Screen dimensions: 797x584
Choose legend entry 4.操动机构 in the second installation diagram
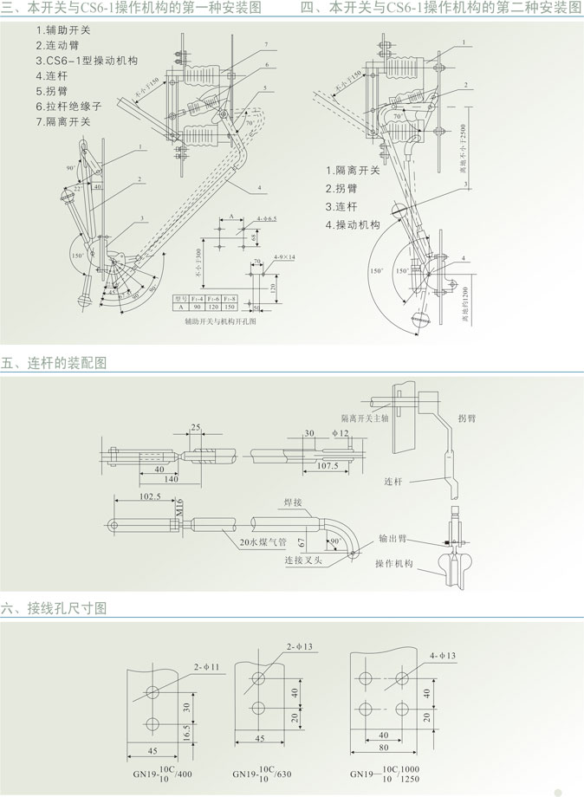[x=354, y=224]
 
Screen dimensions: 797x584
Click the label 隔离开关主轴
[x=367, y=417]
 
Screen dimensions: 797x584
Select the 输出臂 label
[x=394, y=538]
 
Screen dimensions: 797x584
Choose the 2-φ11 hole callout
[x=207, y=666]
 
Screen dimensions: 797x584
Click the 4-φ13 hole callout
[x=441, y=656]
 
